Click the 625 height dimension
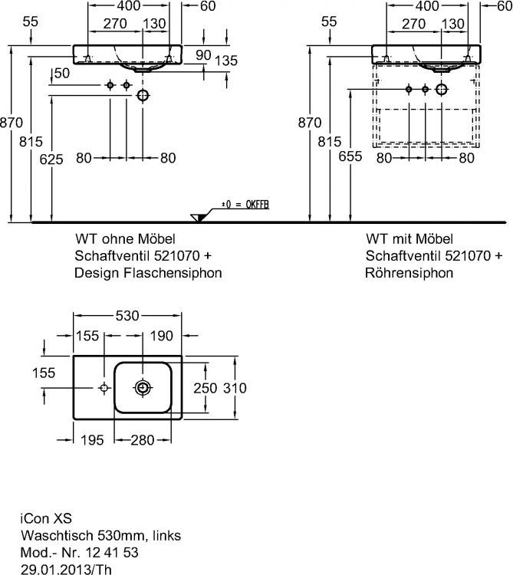[x=51, y=158]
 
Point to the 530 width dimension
[x=127, y=315]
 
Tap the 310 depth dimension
[x=235, y=388]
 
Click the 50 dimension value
[x=61, y=73]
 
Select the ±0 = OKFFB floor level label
[x=245, y=205]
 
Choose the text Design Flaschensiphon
[x=148, y=272]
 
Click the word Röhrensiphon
[x=409, y=272]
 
